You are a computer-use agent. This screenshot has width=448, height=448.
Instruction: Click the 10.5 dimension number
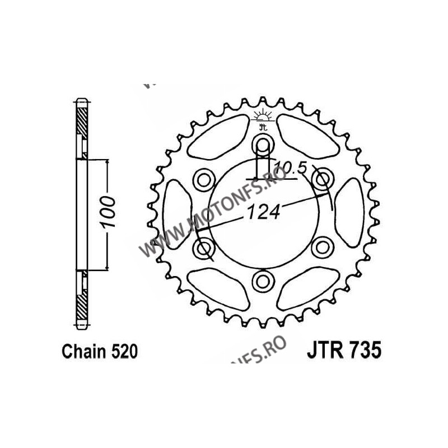pyautogui.click(x=287, y=166)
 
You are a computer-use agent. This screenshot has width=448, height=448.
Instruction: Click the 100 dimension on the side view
pyautogui.click(x=109, y=214)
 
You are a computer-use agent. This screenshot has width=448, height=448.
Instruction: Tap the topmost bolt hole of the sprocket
pyautogui.click(x=263, y=148)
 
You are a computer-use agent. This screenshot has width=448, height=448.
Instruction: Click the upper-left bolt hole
pyautogui.click(x=204, y=180)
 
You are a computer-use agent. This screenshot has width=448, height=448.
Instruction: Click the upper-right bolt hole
pyautogui.click(x=322, y=180)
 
